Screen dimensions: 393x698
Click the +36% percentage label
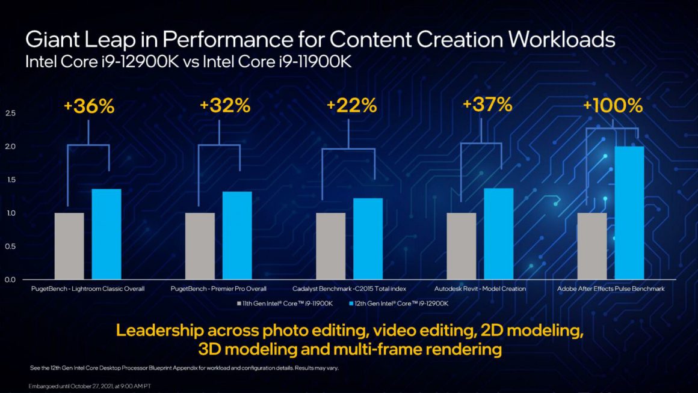pos(88,106)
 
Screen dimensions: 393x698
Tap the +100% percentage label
pos(613,106)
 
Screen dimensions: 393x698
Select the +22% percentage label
pos(351,106)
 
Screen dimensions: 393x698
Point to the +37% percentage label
pos(487,105)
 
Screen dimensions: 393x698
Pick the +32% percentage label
pos(225,106)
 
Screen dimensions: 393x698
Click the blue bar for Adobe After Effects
pos(629,213)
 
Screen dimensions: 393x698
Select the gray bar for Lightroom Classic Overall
pos(69,246)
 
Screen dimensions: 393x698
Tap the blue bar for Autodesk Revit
pos(499,234)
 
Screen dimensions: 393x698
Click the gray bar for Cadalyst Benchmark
pos(331,246)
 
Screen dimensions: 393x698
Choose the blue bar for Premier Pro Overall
pos(237,236)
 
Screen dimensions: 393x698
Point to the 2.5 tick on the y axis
pos(10,113)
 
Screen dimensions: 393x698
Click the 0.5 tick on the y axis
pos(10,246)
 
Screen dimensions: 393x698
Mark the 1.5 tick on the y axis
pos(10,180)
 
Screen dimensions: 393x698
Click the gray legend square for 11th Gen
pos(239,303)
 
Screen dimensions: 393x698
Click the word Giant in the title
pos(53,41)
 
